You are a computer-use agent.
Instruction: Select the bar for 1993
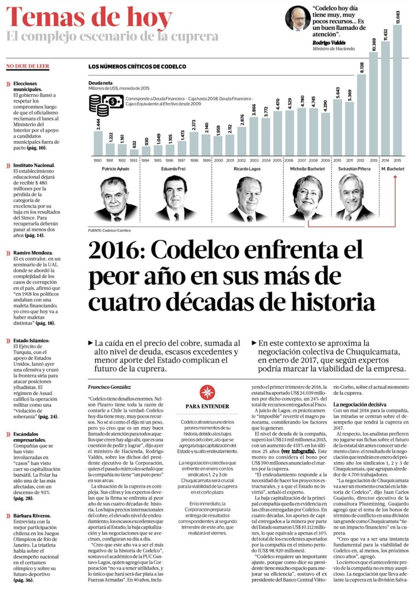tap(134, 148)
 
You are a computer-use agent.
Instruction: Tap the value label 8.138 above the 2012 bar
tap(361, 67)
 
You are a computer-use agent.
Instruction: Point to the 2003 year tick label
tap(254, 160)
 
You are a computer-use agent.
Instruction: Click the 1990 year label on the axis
tap(98, 160)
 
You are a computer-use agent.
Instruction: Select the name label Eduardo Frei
tap(173, 169)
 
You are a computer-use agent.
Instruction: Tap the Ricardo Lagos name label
tap(247, 169)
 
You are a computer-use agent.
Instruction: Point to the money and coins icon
tap(106, 105)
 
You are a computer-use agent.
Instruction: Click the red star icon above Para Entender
tap(207, 392)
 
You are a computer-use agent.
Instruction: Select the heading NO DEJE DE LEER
tap(28, 66)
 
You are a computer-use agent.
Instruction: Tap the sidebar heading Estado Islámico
tap(31, 341)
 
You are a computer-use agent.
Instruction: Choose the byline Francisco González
tap(109, 387)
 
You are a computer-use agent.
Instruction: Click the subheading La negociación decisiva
tap(360, 404)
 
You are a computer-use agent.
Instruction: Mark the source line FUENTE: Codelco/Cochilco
tap(109, 230)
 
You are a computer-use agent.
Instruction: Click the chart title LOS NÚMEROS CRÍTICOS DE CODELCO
tap(137, 66)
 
